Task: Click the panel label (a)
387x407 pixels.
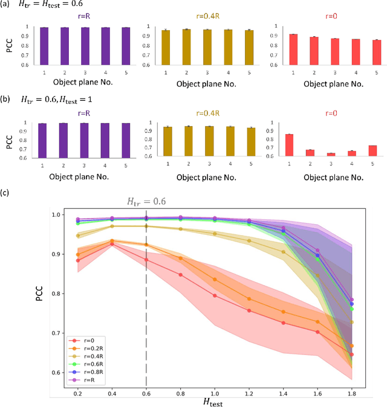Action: click(6, 5)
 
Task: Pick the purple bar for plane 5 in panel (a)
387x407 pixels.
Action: click(125, 44)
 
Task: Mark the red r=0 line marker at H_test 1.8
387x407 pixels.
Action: click(352, 354)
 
